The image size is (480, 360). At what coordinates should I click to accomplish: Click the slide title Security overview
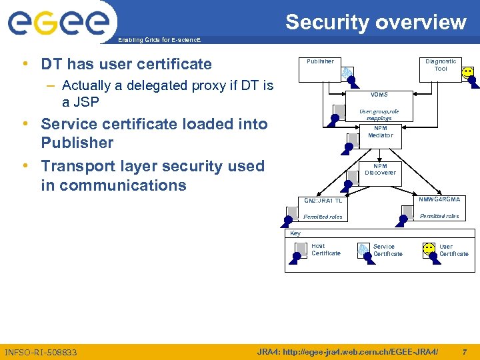click(376, 22)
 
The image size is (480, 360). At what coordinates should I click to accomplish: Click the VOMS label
click(379, 95)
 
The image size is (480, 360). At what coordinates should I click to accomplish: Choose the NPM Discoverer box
click(380, 169)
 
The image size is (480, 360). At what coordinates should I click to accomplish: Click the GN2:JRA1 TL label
click(323, 200)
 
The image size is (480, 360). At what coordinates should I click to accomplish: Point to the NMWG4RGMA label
click(439, 199)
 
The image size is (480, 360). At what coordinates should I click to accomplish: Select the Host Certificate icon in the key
click(301, 249)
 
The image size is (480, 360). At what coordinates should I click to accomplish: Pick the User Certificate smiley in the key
click(430, 249)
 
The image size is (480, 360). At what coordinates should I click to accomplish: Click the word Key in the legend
click(295, 233)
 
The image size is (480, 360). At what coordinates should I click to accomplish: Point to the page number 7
click(464, 351)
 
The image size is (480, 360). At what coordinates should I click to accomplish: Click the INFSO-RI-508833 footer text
click(41, 352)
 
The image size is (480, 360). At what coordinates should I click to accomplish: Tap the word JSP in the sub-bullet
click(86, 102)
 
